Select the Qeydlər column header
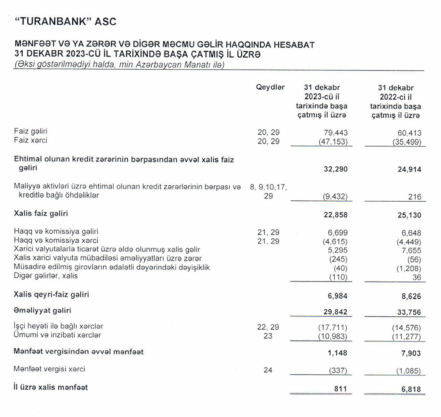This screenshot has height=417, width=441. tap(270, 87)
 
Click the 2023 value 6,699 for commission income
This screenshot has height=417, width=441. tap(337, 232)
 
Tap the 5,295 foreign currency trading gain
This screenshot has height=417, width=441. tap(337, 250)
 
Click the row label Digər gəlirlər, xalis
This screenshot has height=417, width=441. tap(45, 276)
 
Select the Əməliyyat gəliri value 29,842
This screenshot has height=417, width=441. tap(336, 312)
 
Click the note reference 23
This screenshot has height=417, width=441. tap(268, 335)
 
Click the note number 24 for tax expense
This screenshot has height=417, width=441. tap(268, 370)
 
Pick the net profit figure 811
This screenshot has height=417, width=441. tap(340, 388)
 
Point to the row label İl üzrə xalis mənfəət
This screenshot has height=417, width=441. tap(51, 387)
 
